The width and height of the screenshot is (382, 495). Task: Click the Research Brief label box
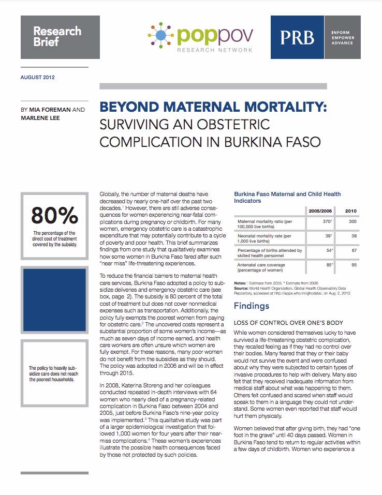(x=57, y=36)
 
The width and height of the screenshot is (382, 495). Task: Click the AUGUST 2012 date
(x=38, y=78)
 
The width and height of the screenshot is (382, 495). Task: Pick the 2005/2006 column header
(x=320, y=211)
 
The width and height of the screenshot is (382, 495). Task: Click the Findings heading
(x=252, y=306)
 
